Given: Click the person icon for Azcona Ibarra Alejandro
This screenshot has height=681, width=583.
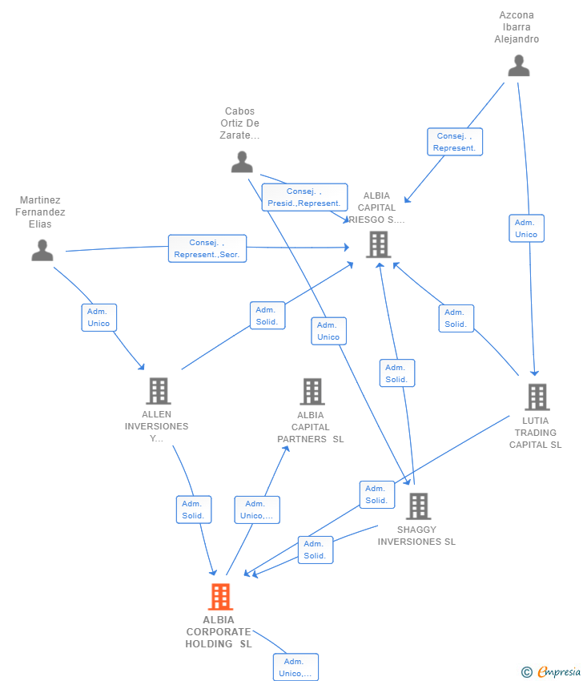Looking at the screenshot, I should (519, 66).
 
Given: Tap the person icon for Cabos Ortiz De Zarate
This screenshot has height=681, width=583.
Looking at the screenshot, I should (242, 162).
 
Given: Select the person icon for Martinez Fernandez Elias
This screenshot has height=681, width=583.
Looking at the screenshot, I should (42, 251).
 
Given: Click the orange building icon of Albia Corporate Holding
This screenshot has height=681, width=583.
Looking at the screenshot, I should (220, 597).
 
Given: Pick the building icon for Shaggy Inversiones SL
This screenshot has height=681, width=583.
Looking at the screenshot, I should (418, 506).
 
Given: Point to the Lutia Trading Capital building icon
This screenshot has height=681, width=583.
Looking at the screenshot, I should (537, 397).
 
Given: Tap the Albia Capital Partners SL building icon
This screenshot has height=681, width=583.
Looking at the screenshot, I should (312, 392).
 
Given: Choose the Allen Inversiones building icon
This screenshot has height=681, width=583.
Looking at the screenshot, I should (158, 391).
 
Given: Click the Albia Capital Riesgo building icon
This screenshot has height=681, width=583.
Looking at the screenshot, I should (378, 244).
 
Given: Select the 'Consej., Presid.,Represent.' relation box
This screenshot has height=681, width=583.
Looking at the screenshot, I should (304, 197).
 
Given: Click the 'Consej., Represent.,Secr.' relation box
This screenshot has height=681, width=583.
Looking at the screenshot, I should (207, 248).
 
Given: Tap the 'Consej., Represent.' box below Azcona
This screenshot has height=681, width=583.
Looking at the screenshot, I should (454, 142).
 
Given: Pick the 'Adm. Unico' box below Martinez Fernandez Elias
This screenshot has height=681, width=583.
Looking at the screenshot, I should (99, 317).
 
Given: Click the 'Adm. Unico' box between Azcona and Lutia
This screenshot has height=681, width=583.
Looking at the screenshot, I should (526, 228).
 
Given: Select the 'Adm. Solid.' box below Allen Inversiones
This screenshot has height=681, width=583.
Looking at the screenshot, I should (193, 510).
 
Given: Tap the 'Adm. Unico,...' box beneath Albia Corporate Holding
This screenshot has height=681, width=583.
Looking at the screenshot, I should (295, 667).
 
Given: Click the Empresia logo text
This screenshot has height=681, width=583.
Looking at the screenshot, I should (558, 671).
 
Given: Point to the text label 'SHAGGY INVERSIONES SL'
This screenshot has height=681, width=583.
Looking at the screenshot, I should (416, 535).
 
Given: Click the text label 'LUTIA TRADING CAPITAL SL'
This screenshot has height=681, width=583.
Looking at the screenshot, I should (536, 433).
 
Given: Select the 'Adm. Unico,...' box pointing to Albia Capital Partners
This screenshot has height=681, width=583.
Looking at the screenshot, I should (257, 510).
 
